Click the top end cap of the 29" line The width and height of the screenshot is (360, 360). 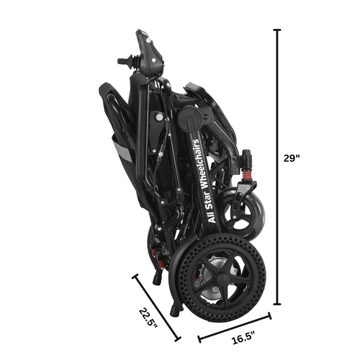coord(277,30)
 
